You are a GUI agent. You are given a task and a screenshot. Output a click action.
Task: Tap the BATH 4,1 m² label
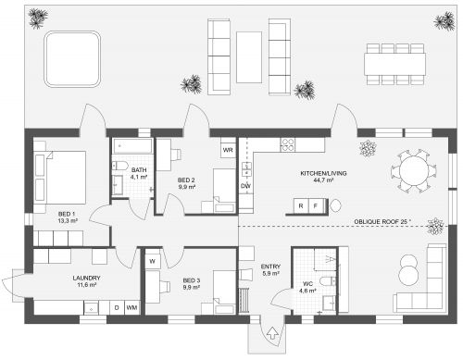(139, 173)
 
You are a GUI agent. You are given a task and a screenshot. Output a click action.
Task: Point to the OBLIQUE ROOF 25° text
(382, 221)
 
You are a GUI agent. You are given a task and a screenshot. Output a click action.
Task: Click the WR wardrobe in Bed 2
(228, 150)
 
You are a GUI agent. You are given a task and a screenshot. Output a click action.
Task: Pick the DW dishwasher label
(246, 186)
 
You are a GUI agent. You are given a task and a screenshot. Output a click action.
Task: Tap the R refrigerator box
(301, 205)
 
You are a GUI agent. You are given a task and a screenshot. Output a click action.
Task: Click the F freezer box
(315, 205)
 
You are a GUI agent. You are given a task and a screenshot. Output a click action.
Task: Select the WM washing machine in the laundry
(131, 307)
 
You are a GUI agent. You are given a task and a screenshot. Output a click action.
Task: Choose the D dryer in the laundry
(117, 307)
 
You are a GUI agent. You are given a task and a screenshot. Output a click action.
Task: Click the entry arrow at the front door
(272, 333)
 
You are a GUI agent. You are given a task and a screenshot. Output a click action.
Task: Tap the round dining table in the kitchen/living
(414, 171)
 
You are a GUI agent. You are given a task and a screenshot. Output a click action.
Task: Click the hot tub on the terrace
(72, 59)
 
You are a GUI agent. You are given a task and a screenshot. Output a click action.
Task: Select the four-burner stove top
(288, 144)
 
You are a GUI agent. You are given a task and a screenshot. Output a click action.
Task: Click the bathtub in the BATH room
(133, 146)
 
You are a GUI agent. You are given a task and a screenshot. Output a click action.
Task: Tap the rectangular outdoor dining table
(394, 64)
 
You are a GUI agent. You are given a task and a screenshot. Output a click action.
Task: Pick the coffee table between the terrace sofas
(249, 57)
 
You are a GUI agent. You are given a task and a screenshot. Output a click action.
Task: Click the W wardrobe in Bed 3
(153, 262)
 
